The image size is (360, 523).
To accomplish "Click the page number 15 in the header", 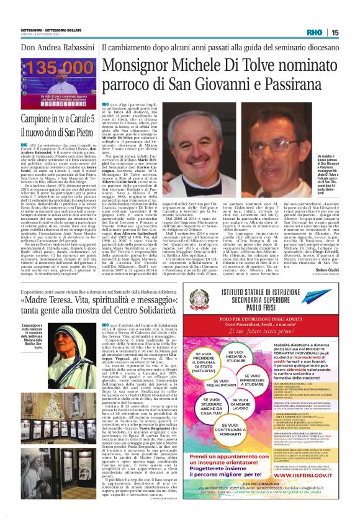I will pyautogui.click(x=335, y=32).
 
